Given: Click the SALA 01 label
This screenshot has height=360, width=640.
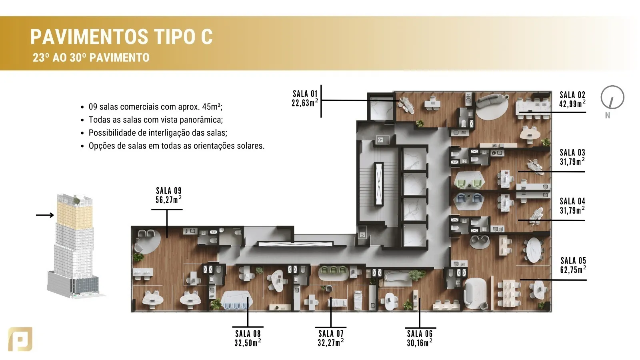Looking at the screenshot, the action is [305, 94].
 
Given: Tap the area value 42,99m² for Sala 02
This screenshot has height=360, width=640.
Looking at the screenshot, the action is [572, 104].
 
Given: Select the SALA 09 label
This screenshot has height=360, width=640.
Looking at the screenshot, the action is [168, 190].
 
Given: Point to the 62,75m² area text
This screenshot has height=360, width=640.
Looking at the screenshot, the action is [573, 270].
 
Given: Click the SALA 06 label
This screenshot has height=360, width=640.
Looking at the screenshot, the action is [420, 334].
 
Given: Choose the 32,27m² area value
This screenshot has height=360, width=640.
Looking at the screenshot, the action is [330, 342].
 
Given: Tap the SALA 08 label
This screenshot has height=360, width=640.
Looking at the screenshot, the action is [248, 334].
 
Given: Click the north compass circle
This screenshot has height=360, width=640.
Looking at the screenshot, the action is [612, 97].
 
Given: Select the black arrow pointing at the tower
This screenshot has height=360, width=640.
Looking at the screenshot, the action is [45, 215].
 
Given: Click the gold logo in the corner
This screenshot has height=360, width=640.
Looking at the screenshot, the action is [20, 339].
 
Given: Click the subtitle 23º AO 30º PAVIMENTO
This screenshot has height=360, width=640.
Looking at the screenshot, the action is [91, 58].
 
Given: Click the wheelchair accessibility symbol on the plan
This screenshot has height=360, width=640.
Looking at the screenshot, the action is [362, 235].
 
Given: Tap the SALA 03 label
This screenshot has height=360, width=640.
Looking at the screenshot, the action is [572, 152].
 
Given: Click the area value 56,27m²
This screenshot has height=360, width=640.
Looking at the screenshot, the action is [168, 200].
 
